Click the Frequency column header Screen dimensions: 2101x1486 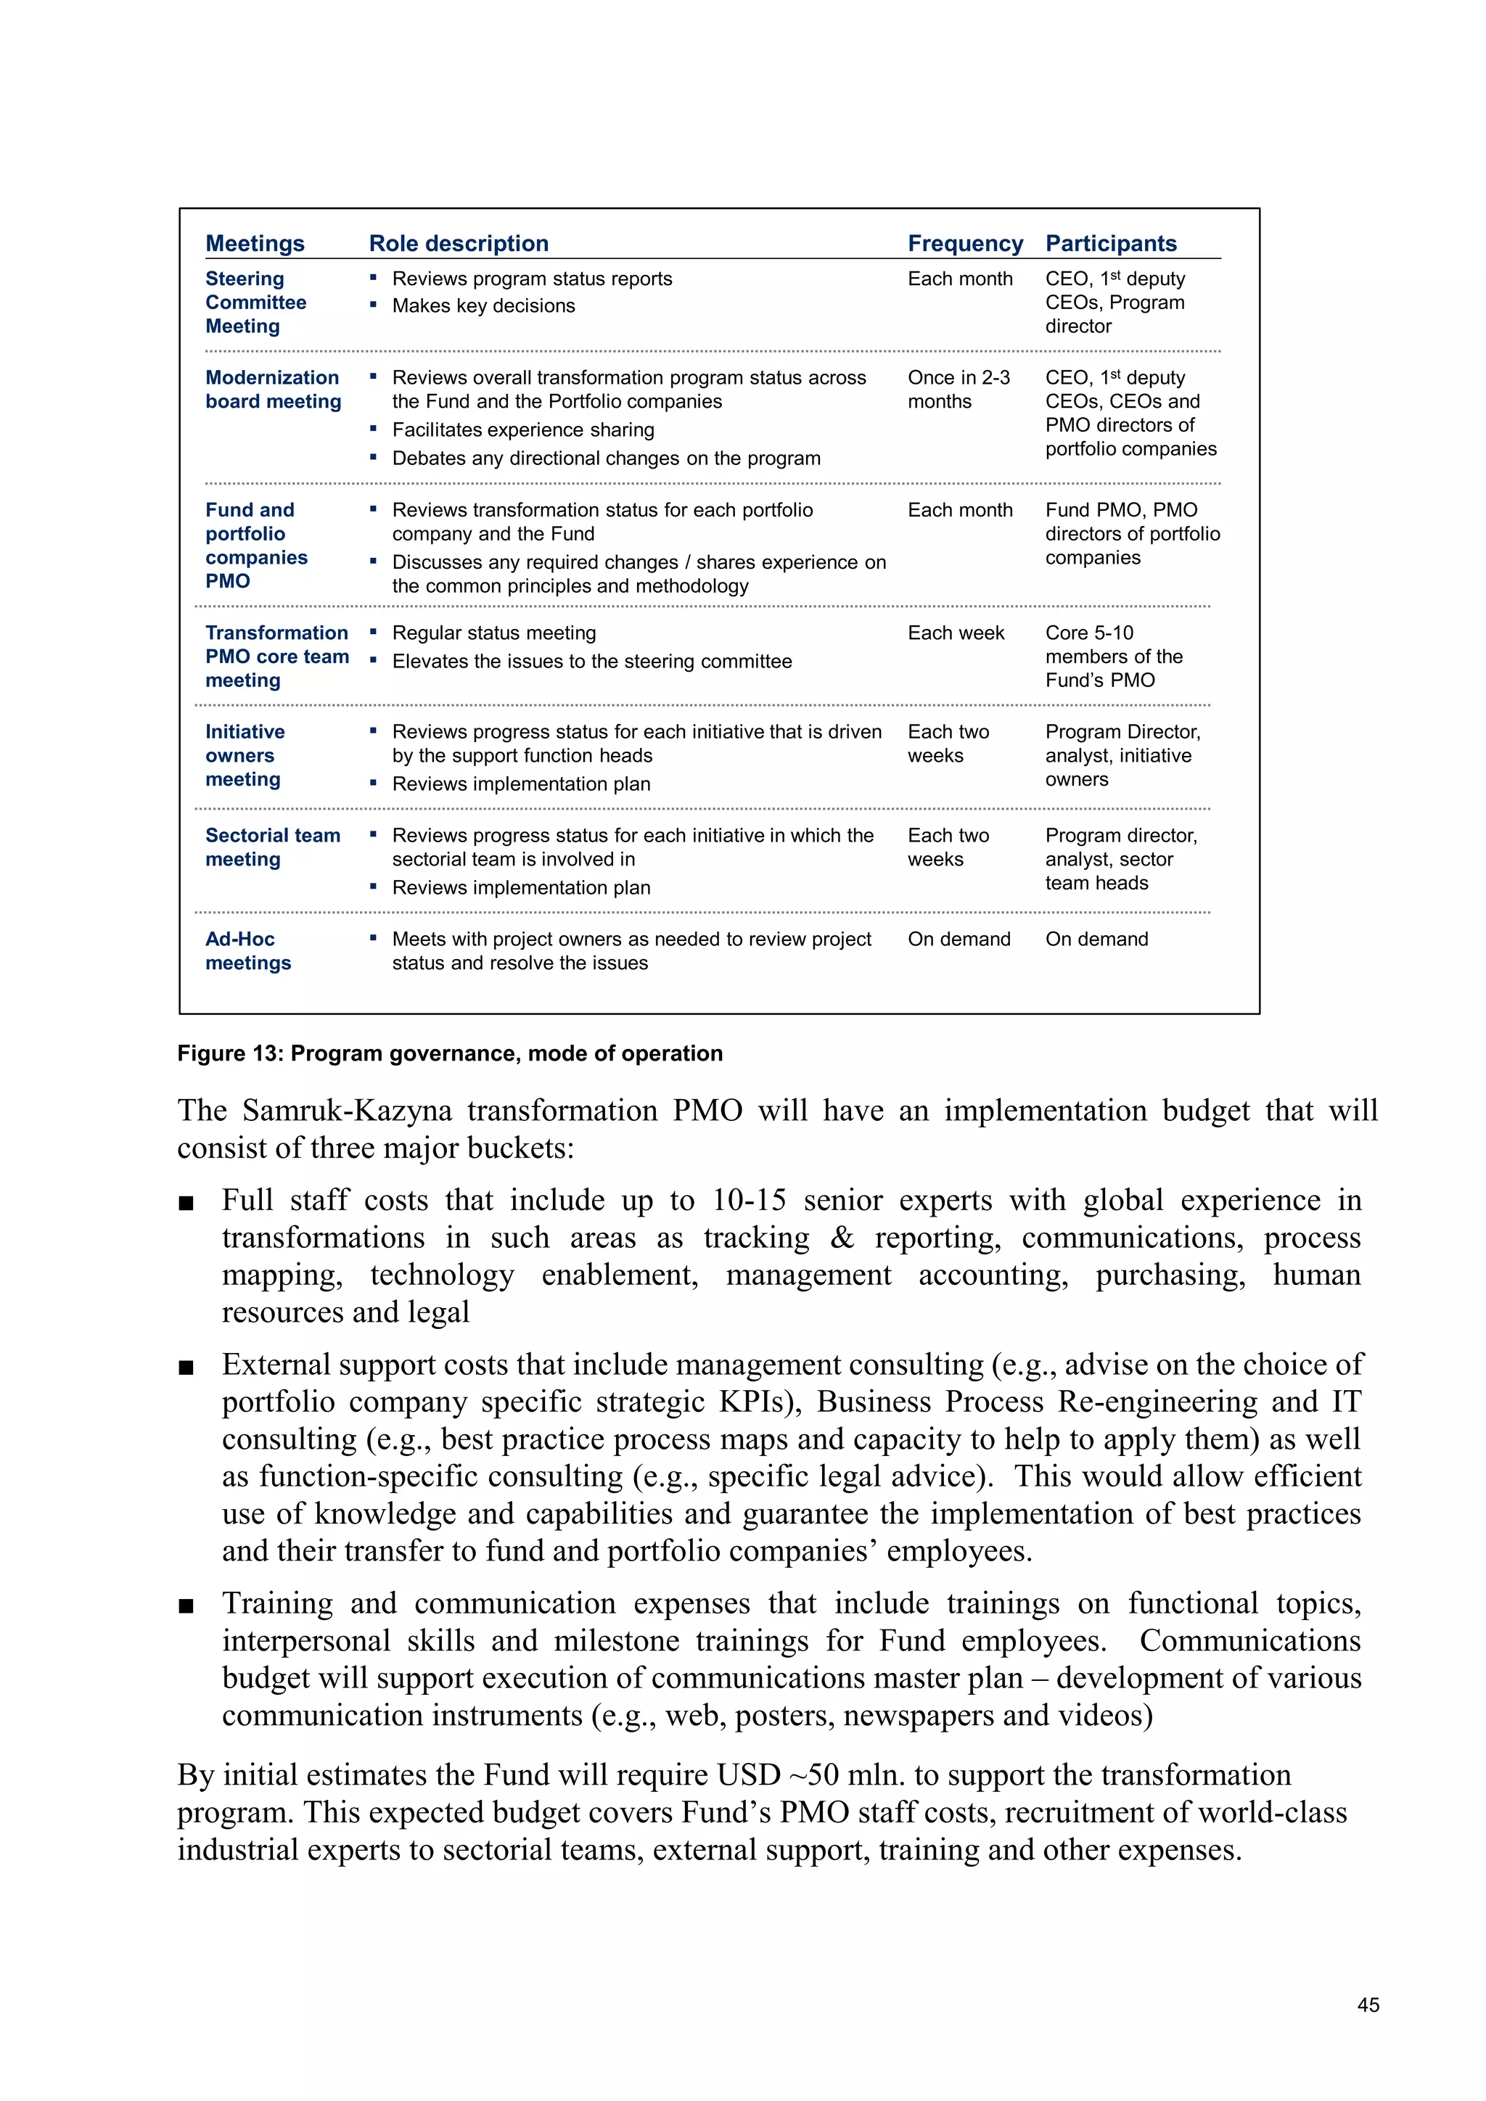pyautogui.click(x=964, y=244)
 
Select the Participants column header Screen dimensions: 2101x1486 pyautogui.click(x=1110, y=244)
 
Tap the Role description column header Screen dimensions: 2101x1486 pyautogui.click(x=459, y=244)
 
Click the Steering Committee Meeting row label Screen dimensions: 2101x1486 pyautogui.click(x=255, y=302)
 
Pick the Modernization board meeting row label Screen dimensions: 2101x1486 pyautogui.click(x=273, y=389)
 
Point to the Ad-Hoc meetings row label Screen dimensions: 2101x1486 pyautogui.click(x=248, y=951)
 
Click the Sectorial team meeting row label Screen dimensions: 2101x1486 pyautogui.click(x=273, y=847)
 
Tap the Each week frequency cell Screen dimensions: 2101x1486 pyautogui.click(x=956, y=633)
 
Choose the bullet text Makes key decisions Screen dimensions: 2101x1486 pyautogui.click(x=483, y=307)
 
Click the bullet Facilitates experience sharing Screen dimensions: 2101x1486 pyautogui.click(x=522, y=430)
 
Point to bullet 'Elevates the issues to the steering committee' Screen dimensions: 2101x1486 pyautogui.click(x=591, y=662)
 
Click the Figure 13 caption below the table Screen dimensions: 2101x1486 pyautogui.click(x=449, y=1053)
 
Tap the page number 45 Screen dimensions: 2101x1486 pyautogui.click(x=1367, y=2005)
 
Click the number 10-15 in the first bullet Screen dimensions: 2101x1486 pyautogui.click(x=750, y=1201)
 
